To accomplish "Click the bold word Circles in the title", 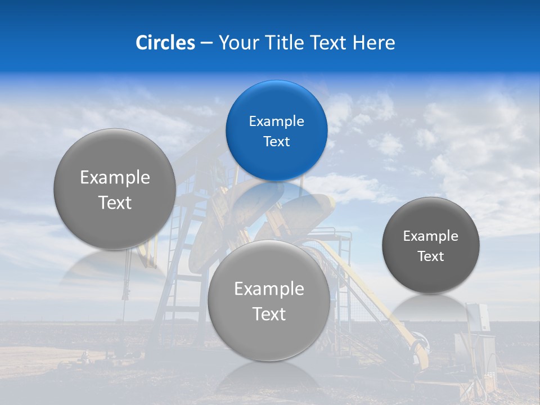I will (165, 43).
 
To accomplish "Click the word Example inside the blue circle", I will (276, 121).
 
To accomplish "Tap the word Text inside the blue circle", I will (276, 141).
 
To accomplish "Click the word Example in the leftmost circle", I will (115, 178).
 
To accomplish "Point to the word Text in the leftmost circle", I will (115, 203).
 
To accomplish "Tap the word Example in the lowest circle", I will (269, 289).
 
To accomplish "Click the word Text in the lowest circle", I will (269, 314).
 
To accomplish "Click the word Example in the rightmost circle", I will (431, 236).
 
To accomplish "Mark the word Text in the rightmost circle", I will (431, 256).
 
